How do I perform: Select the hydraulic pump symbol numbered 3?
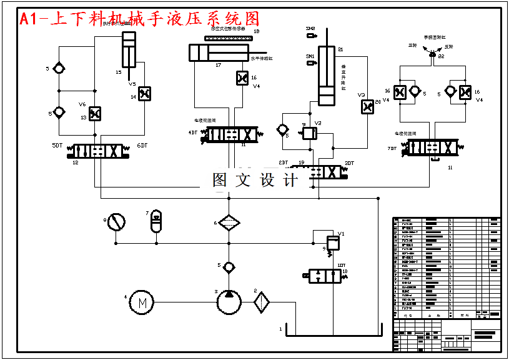coord(229,303)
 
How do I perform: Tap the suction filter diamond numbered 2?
coord(262,303)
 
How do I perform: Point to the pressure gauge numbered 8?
coord(116,221)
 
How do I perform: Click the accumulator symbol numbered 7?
coord(156,220)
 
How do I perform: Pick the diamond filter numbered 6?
coord(229,222)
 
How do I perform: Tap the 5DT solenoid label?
coord(57,146)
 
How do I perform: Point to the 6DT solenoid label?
coord(142,146)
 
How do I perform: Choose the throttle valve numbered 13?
coord(95,114)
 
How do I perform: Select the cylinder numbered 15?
coord(129,50)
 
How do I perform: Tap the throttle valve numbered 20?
coord(368,107)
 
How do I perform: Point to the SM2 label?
coord(310,29)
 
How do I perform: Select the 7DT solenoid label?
coord(392,148)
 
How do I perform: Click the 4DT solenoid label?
coord(194,132)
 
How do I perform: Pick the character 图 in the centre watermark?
coord(220,180)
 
